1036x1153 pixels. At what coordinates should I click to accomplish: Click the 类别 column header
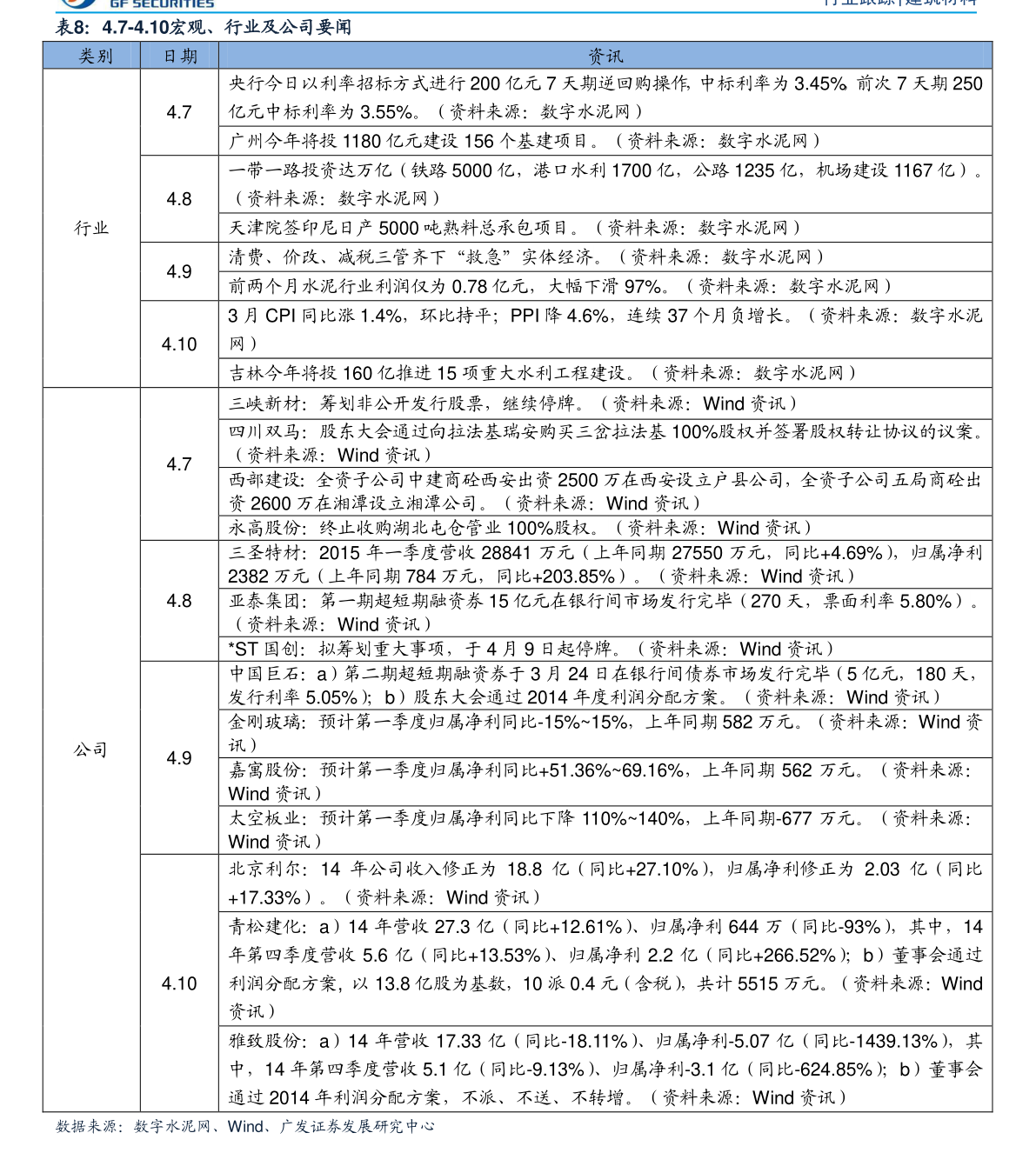coord(96,57)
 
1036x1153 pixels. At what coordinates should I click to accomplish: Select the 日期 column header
coord(180,57)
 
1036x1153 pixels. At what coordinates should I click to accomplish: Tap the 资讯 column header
coord(605,57)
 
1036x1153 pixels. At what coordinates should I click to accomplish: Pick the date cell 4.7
coord(179,464)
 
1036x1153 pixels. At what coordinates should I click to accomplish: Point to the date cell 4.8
coord(179,601)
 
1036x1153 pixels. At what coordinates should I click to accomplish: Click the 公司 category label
coord(90,750)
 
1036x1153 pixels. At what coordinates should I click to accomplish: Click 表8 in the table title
coord(71,28)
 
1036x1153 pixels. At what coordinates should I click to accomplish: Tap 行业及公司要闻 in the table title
coord(287,28)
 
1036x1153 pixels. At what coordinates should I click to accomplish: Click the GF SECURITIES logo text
coord(162,4)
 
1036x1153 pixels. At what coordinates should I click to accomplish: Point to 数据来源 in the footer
coord(87,1127)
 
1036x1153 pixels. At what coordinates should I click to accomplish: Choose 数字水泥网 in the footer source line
coord(171,1127)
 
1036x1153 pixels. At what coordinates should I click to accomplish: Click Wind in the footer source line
coord(245,1127)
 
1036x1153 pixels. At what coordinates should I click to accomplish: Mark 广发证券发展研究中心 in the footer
coord(356,1127)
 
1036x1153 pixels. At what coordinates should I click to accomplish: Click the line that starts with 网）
coord(244,344)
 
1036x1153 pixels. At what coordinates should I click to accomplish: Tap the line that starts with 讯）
coord(244,746)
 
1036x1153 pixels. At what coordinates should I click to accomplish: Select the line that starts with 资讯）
coord(254,1011)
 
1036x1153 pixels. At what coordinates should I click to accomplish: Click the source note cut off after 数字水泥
coord(884,316)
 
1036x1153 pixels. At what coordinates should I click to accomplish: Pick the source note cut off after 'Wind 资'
coord(889,723)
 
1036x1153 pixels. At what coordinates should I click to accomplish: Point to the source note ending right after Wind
coord(902,983)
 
